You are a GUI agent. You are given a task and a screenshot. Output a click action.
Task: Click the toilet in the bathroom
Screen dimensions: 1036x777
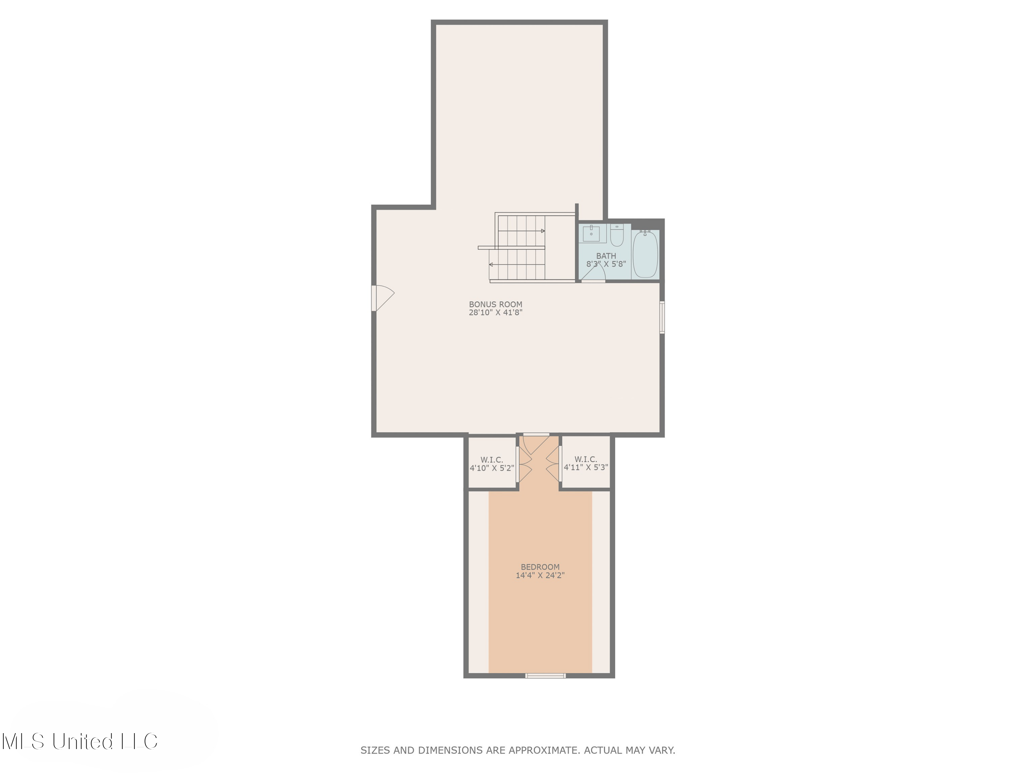click(x=617, y=235)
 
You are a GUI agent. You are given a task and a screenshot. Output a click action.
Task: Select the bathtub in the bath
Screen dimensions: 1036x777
click(x=645, y=254)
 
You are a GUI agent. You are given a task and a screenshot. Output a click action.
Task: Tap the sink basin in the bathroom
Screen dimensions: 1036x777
click(x=591, y=233)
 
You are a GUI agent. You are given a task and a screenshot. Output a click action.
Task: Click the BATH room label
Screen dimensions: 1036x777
click(x=606, y=256)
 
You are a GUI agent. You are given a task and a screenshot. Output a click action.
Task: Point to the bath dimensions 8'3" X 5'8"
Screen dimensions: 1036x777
click(x=606, y=264)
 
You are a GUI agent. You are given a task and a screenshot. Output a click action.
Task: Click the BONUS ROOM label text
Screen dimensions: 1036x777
click(x=496, y=304)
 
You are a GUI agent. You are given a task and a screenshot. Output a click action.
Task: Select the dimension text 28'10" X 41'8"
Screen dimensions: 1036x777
click(x=496, y=313)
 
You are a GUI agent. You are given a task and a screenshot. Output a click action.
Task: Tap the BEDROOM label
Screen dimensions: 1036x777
click(x=540, y=567)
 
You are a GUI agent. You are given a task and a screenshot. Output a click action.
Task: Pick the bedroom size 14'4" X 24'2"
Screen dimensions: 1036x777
click(x=540, y=575)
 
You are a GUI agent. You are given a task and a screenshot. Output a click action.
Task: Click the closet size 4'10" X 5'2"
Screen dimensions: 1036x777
click(x=492, y=468)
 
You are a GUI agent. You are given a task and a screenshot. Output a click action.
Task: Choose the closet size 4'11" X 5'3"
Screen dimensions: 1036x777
click(x=586, y=467)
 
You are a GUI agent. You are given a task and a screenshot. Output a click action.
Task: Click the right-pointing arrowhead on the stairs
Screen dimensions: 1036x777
click(x=543, y=231)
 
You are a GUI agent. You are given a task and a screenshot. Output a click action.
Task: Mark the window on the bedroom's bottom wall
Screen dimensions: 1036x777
click(x=545, y=675)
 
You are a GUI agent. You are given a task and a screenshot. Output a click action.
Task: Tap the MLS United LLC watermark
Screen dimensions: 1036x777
click(x=80, y=741)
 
